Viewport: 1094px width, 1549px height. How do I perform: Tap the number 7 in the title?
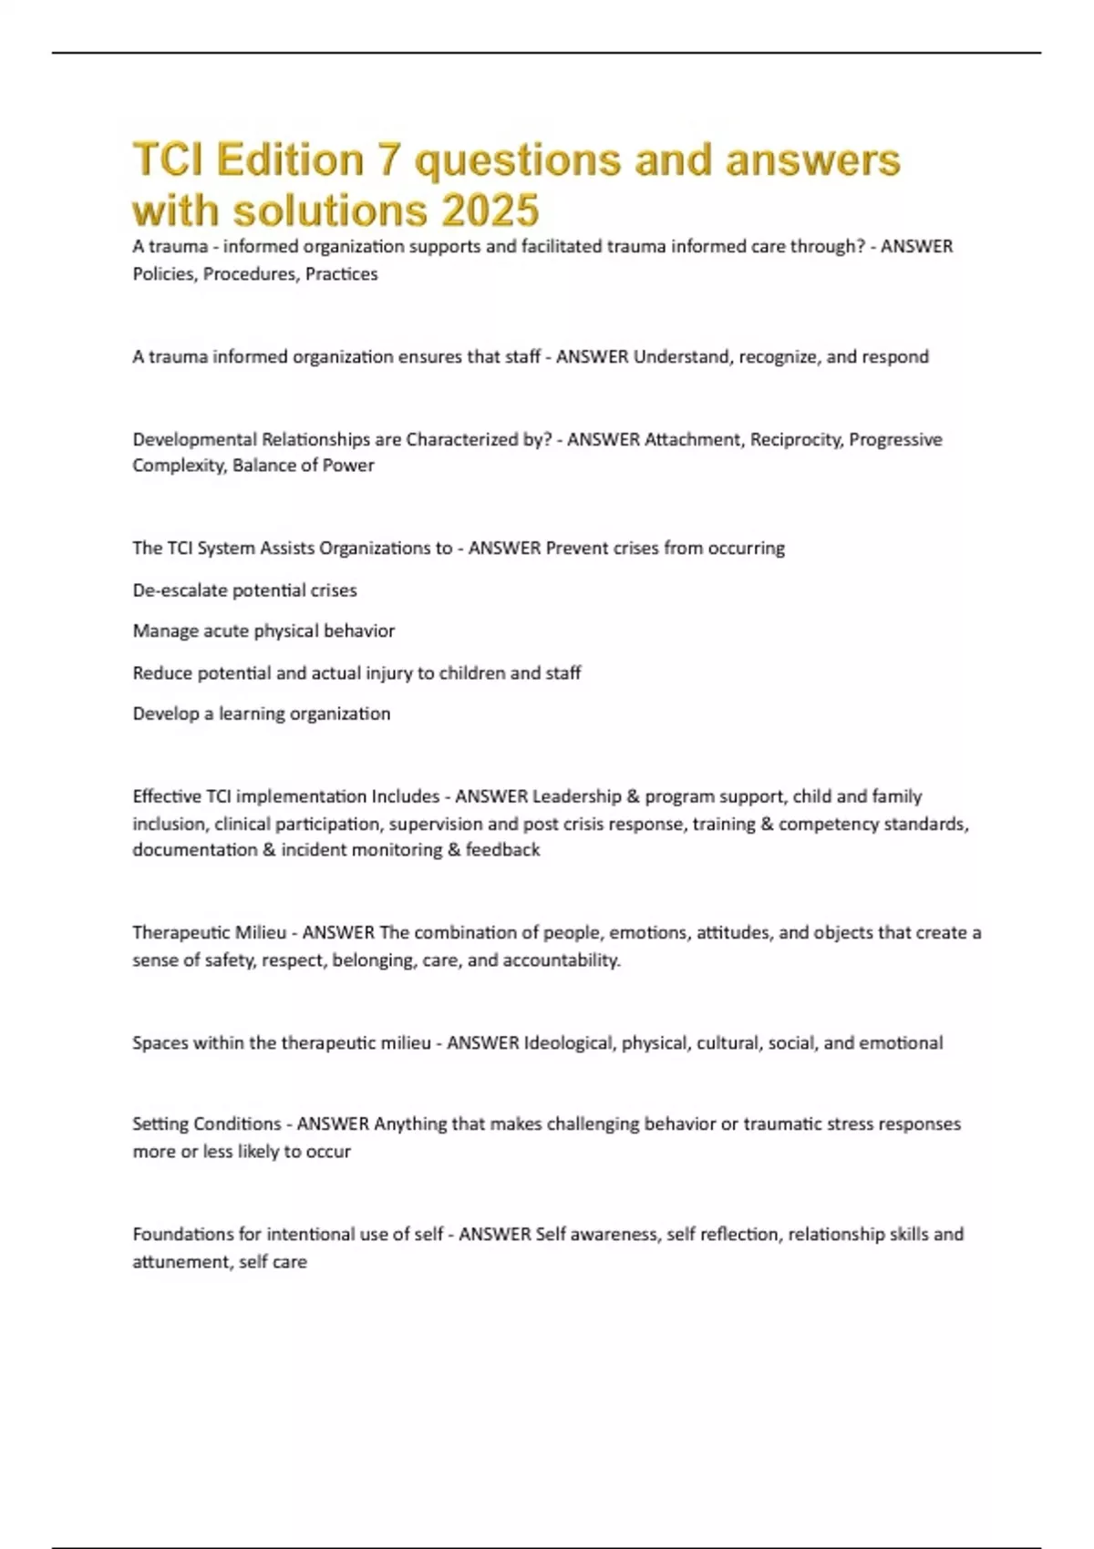(388, 160)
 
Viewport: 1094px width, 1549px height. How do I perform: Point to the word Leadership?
(575, 796)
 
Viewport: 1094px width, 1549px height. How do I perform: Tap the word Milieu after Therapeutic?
(261, 933)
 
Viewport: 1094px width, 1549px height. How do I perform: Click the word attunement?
(175, 1262)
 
